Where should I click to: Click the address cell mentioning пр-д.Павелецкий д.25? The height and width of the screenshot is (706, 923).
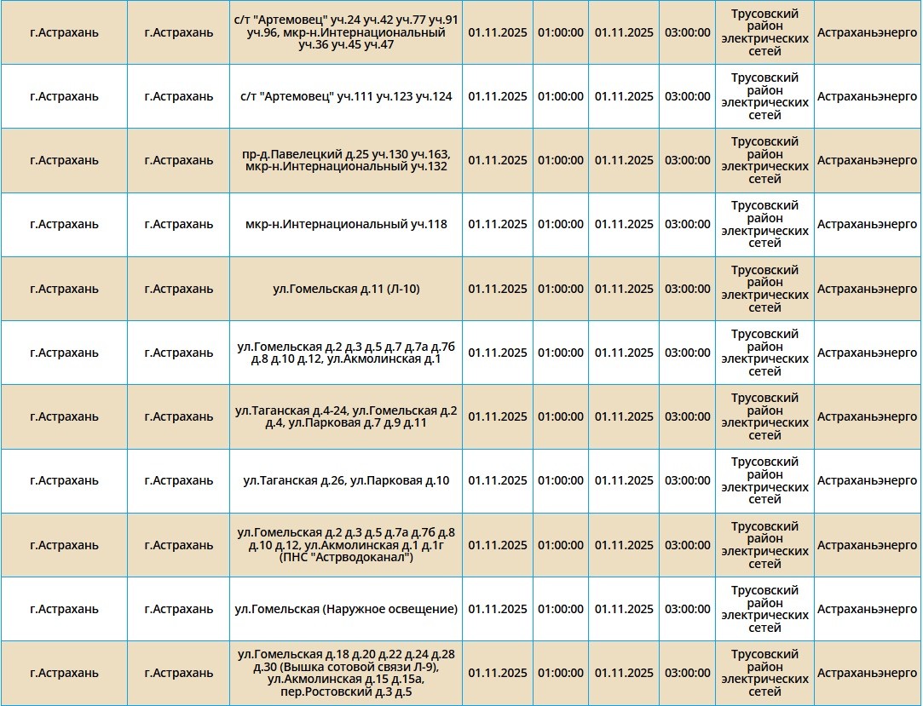point(345,160)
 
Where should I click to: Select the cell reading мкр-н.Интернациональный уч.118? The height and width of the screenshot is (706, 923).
point(345,225)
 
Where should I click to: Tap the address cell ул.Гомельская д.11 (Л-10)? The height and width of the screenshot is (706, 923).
point(345,289)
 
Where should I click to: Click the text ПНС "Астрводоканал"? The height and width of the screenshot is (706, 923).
point(345,558)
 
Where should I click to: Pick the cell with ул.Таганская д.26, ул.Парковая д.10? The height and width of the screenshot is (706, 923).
point(345,481)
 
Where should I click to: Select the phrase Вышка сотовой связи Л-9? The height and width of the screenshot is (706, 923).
point(357,667)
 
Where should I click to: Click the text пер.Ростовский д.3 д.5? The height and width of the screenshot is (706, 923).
point(345,692)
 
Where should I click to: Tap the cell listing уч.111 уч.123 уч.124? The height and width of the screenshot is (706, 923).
point(345,96)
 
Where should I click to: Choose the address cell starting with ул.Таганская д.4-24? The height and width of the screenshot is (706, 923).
point(345,416)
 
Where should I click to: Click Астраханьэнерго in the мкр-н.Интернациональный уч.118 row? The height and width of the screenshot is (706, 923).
point(867,225)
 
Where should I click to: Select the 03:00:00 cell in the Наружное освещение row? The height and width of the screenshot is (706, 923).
point(687,609)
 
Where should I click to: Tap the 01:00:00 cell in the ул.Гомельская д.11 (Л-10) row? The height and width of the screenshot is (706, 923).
point(560,289)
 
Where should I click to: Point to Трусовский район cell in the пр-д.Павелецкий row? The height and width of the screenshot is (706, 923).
point(764,160)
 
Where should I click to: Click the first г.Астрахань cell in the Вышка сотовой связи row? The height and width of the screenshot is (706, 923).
point(64,673)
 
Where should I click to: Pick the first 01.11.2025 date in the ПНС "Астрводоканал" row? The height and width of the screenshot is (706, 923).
point(498,545)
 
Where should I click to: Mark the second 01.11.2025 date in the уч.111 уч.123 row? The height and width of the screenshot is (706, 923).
point(624,96)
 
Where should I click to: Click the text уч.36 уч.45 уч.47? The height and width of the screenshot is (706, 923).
point(345,45)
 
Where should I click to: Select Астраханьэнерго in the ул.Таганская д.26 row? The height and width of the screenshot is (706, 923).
point(867,481)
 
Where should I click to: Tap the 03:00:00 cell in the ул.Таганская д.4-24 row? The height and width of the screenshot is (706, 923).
point(687,416)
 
